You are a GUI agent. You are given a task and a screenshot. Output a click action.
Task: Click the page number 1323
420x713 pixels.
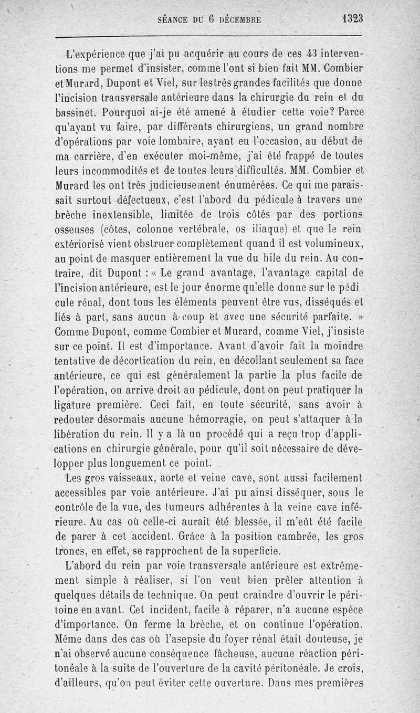click(x=352, y=18)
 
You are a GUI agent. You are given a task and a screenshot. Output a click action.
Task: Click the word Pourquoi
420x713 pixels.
click(x=126, y=112)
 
